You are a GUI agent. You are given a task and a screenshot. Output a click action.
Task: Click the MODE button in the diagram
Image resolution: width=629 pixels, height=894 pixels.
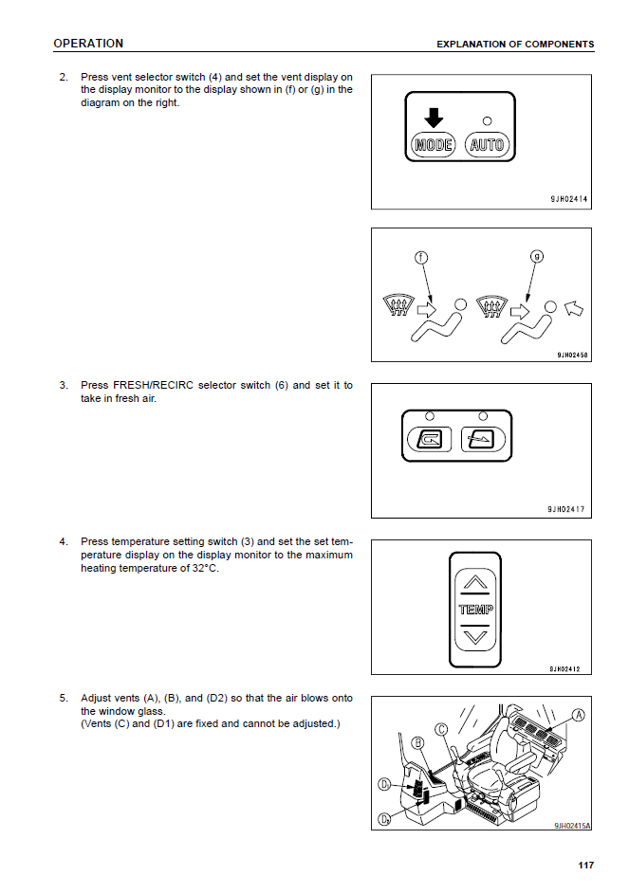[x=434, y=145]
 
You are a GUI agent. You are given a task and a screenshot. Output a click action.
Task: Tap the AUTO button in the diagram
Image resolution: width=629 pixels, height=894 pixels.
[x=488, y=145]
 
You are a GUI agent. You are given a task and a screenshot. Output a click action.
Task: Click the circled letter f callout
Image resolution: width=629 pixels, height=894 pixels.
[x=421, y=257]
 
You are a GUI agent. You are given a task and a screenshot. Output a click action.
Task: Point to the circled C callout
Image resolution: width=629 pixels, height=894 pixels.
[x=442, y=729]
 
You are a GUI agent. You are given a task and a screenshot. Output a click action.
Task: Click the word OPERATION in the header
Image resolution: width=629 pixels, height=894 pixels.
[x=88, y=44]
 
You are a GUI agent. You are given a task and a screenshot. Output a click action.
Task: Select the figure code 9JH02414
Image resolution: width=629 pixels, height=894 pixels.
[x=568, y=200]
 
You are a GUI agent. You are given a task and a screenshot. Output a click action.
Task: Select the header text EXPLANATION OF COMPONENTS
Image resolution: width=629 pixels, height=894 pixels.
[x=515, y=45]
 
